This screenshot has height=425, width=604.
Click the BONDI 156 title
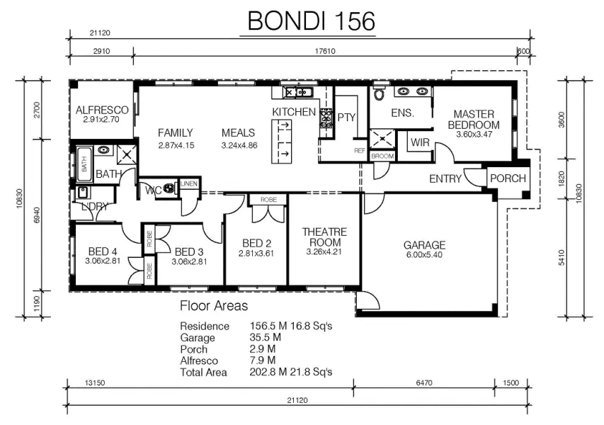click(x=311, y=21)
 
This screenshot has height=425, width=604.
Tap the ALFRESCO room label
click(x=102, y=110)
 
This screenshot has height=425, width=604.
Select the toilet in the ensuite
click(x=379, y=93)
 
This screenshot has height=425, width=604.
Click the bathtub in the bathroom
click(x=84, y=164)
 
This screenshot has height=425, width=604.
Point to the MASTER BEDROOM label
click(x=474, y=120)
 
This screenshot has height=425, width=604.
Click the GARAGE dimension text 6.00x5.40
click(x=424, y=255)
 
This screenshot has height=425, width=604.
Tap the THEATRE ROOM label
click(x=325, y=237)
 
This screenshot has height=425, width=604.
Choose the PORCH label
click(x=508, y=178)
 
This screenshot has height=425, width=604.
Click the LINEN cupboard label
click(x=189, y=183)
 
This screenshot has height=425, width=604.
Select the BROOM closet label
click(x=382, y=156)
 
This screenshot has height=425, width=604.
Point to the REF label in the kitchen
click(x=360, y=151)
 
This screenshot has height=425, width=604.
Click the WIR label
click(x=420, y=142)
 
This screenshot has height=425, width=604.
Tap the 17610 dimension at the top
click(x=325, y=51)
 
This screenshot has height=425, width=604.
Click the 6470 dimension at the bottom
click(x=423, y=383)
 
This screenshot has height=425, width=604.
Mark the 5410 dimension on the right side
click(x=562, y=257)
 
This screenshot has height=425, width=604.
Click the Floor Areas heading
click(x=214, y=306)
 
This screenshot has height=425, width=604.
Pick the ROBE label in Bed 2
click(x=268, y=200)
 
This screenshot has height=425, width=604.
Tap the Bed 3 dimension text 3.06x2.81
click(x=189, y=261)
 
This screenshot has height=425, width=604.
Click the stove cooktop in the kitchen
click(x=326, y=118)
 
